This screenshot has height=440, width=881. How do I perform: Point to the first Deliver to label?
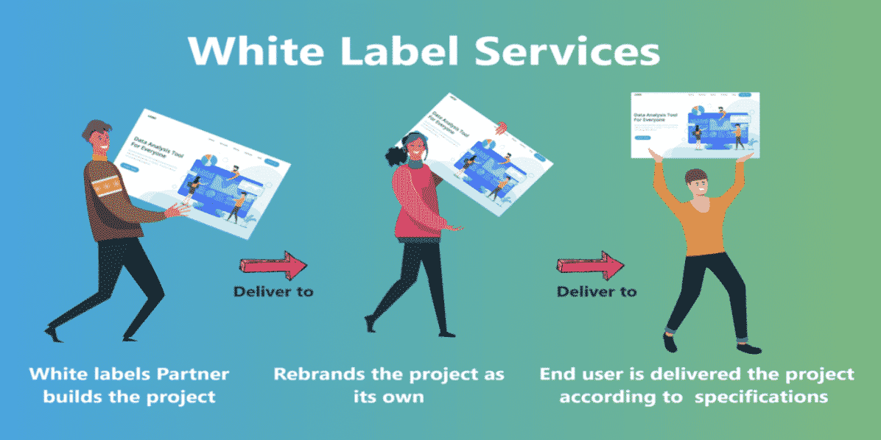(x=273, y=291)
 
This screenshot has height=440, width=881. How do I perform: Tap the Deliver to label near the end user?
(x=596, y=291)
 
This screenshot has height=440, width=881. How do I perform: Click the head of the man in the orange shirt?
(x=695, y=184)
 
